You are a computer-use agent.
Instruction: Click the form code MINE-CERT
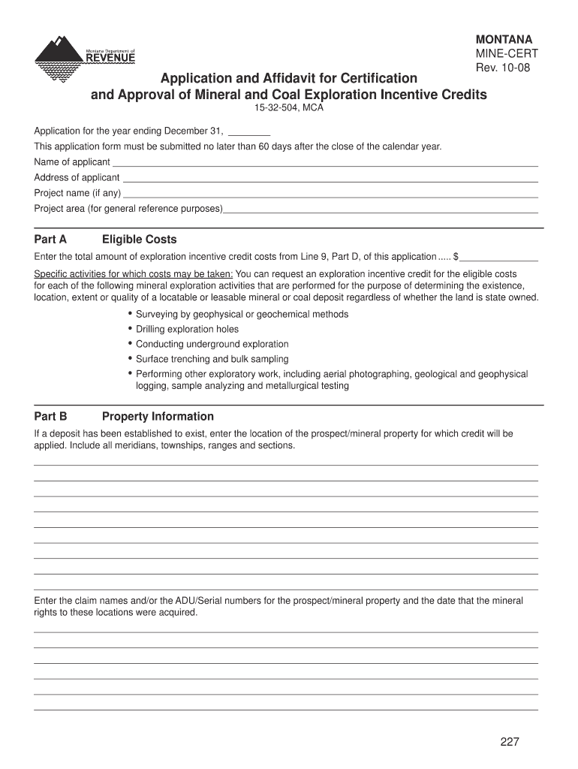(505, 54)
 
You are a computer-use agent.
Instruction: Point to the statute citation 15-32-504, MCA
(288, 108)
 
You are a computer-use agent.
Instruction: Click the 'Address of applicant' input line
(330, 179)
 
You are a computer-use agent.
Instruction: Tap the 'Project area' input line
(381, 210)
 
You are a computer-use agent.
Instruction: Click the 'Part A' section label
(51, 240)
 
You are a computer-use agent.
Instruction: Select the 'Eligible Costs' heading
(140, 240)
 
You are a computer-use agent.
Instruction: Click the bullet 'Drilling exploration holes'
(187, 329)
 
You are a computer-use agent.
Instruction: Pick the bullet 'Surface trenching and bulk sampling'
(212, 359)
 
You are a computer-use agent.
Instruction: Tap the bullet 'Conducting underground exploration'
(212, 344)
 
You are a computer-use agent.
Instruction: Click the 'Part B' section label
(51, 417)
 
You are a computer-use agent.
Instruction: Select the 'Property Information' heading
(158, 417)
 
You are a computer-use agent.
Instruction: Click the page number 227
(510, 742)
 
